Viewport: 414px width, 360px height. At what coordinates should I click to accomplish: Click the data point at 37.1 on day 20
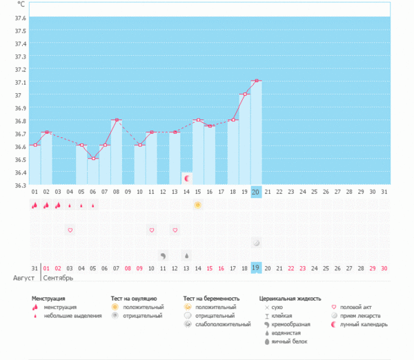pos(256,81)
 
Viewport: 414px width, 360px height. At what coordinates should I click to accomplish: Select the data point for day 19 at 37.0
pos(244,94)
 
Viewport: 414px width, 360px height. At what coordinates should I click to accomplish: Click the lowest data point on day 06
pos(93,159)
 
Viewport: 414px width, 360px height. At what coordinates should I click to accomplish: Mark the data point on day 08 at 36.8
pos(117,120)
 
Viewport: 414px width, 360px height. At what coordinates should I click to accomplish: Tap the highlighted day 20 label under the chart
pos(256,191)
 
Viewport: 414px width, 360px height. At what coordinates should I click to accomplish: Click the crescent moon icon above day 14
pos(186,179)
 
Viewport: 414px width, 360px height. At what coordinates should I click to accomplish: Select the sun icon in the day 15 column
pos(198,206)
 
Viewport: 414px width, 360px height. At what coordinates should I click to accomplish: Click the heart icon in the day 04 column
pos(70,230)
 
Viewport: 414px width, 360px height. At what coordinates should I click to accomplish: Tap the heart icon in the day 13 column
pos(175,230)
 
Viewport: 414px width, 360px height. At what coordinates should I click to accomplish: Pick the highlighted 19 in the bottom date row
pos(256,268)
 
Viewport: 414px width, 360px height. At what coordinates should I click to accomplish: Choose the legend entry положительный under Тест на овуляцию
pos(143,307)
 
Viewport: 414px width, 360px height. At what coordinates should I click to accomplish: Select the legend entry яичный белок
pos(290,341)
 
